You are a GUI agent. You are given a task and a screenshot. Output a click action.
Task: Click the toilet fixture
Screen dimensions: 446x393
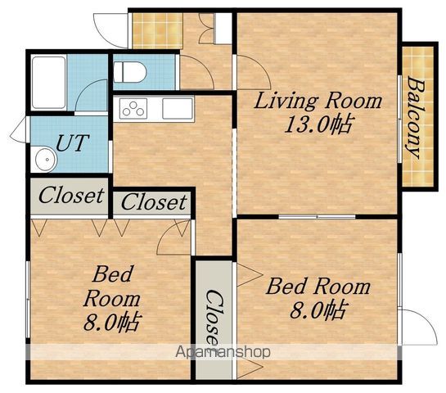tap(129, 72)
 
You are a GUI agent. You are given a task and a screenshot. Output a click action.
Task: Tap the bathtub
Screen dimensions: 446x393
tap(48, 82)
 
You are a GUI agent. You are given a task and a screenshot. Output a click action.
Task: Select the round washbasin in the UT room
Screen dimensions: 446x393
tap(46, 160)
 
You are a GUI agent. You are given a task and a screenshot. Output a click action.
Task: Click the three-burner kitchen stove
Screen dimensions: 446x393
tap(133, 108)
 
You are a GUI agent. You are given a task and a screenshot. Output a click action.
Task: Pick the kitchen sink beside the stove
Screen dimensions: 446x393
tap(178, 108)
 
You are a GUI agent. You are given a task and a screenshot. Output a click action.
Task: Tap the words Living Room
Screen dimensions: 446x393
tap(318, 102)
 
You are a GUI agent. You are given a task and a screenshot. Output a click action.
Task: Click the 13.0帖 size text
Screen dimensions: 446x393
tap(318, 124)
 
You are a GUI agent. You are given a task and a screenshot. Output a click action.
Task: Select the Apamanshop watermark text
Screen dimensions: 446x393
tap(223, 353)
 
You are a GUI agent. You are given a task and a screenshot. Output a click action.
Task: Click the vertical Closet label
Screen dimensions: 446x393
tap(214, 318)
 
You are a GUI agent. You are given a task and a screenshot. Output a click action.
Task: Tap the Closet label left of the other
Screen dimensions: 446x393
tap(71, 196)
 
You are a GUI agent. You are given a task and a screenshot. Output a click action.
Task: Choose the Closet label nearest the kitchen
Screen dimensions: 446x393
tap(154, 201)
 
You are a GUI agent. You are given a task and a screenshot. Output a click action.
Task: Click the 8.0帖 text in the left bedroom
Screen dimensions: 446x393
tap(111, 323)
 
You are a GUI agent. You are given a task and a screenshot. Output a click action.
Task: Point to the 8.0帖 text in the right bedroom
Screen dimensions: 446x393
tap(319, 310)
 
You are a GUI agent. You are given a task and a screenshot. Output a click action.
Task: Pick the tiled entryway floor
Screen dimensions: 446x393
tap(158, 31)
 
